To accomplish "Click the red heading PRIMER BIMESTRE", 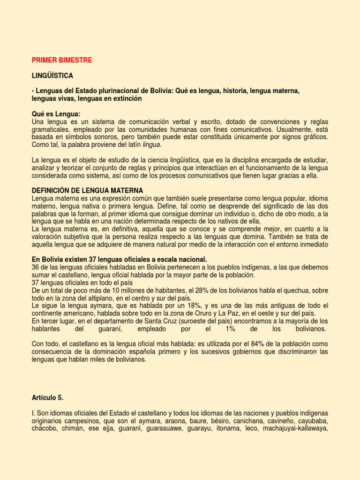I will click(62, 60).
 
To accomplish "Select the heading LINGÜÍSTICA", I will click(52, 75).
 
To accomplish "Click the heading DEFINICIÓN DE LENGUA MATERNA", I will click(87, 191).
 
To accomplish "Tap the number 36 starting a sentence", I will click(36, 267).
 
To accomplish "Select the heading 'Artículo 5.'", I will click(47, 397).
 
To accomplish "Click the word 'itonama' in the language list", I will click(216, 428).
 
